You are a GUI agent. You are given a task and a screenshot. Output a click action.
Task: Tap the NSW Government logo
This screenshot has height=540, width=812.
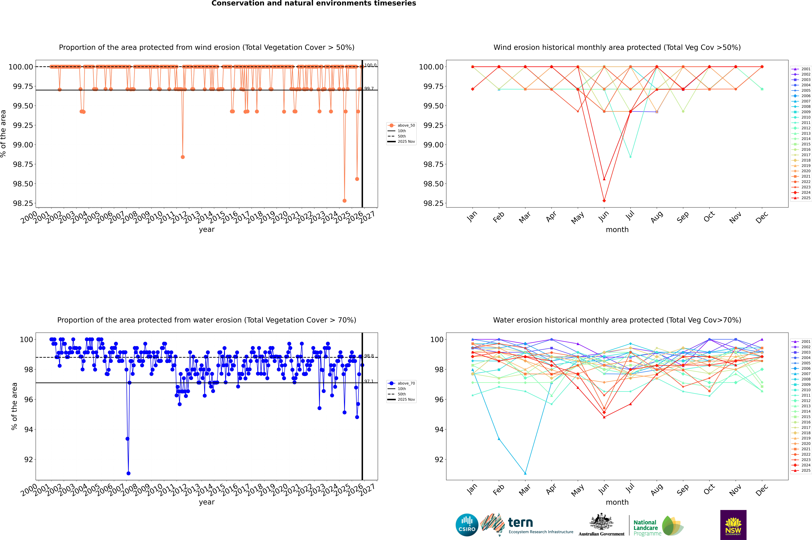[x=733, y=525]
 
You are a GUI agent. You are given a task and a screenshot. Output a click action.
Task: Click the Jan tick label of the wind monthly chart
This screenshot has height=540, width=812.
[x=472, y=216]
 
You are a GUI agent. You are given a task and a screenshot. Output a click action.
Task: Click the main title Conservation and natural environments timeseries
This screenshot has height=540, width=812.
[x=314, y=3]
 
